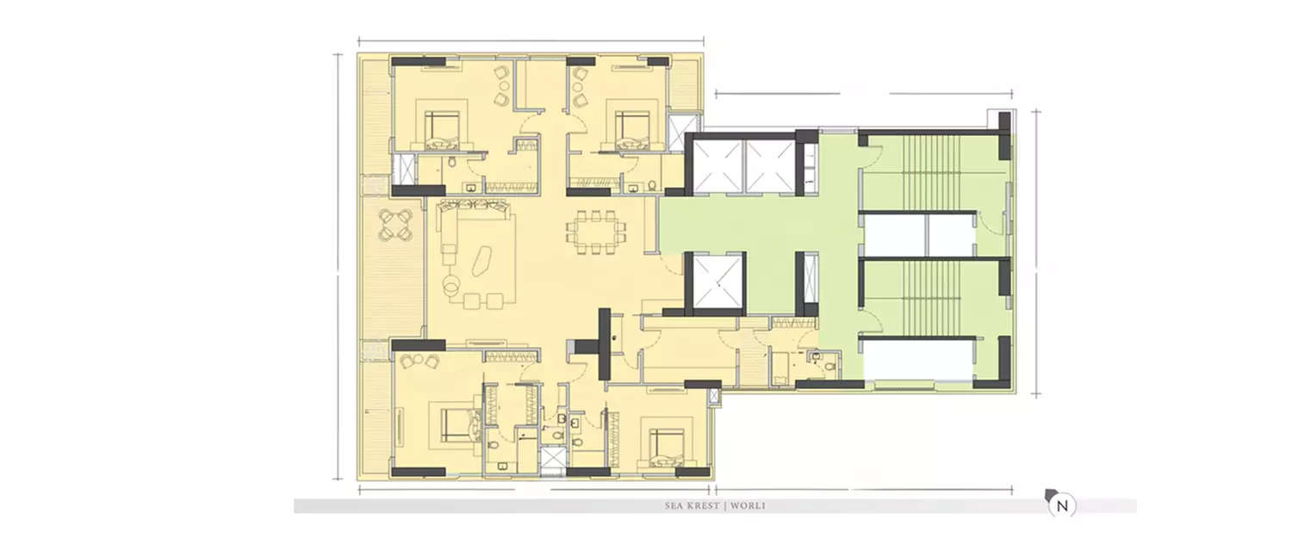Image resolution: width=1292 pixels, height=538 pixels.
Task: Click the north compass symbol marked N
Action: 1062,506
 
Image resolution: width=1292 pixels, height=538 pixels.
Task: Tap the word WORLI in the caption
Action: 747,506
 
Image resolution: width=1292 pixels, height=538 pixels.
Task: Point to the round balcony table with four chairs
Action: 394,226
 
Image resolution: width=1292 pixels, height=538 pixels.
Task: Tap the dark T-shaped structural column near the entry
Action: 603,343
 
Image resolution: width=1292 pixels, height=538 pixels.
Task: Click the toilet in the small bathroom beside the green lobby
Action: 829,365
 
